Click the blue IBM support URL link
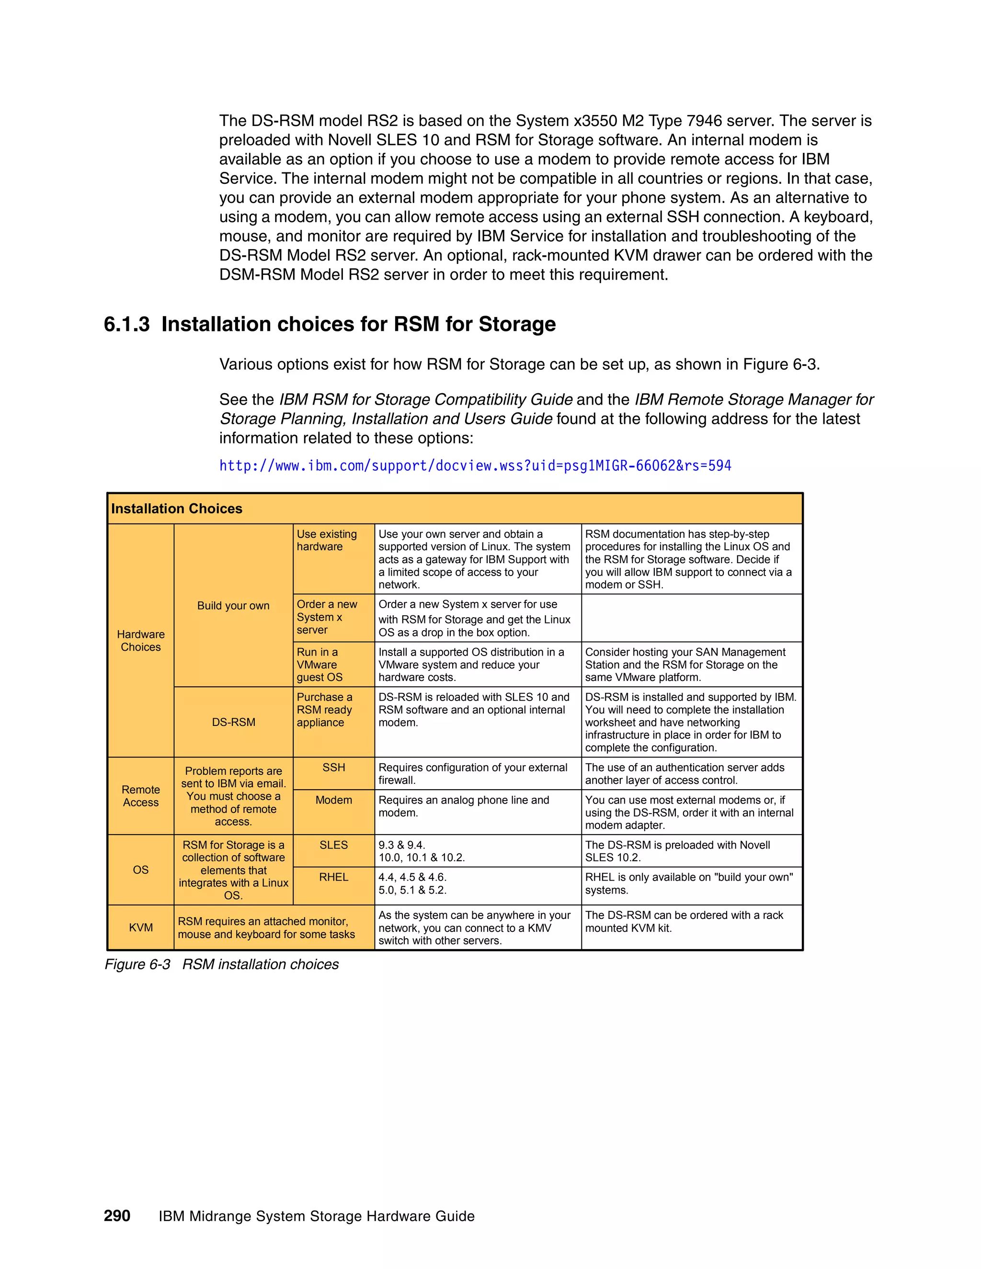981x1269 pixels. (x=475, y=466)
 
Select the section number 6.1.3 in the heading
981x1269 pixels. (x=126, y=324)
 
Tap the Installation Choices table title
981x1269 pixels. (x=177, y=509)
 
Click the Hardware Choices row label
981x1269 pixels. (x=141, y=640)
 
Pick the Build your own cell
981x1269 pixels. (x=233, y=605)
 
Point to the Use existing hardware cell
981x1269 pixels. (x=327, y=540)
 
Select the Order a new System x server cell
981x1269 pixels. (x=327, y=617)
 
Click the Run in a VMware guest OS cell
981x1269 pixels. (x=319, y=665)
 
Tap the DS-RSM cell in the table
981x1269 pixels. (x=233, y=722)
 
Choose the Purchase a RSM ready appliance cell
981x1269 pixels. (x=325, y=710)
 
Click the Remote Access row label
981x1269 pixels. (x=141, y=796)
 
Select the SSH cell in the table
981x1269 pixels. (x=333, y=768)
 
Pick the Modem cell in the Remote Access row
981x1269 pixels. (x=333, y=801)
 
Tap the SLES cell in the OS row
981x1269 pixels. (x=333, y=845)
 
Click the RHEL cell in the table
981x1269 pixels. (x=333, y=877)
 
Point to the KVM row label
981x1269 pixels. (x=141, y=928)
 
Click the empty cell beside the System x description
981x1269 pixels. (x=692, y=618)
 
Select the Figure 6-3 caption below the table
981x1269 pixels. (x=221, y=964)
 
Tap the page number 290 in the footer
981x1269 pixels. (x=117, y=1216)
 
